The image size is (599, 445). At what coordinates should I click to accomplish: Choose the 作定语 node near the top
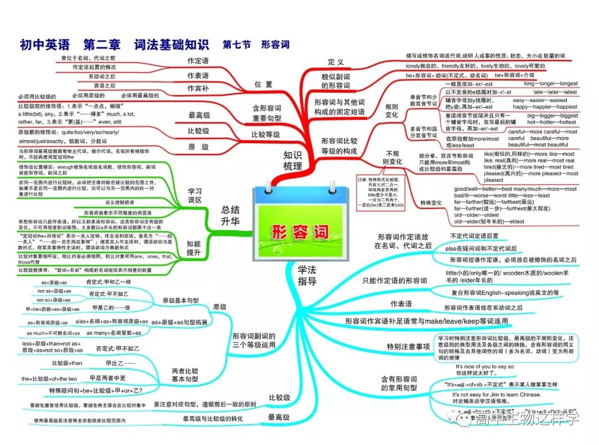tap(198, 61)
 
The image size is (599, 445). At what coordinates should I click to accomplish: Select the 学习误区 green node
tap(195, 196)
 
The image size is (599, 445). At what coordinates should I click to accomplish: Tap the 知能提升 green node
tap(194, 248)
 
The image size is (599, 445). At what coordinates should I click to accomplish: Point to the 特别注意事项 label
tap(409, 347)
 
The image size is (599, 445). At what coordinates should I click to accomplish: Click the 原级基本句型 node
tap(180, 300)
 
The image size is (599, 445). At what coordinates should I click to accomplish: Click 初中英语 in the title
tap(44, 44)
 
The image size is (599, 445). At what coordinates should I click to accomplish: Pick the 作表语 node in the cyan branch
tap(401, 304)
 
